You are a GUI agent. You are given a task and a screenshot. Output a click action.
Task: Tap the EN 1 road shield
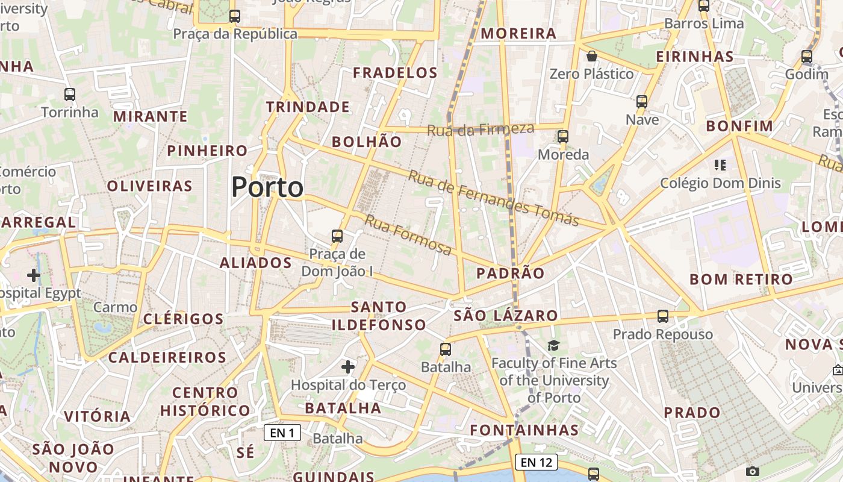pyautogui.click(x=282, y=433)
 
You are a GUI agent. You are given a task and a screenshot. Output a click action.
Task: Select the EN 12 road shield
pyautogui.click(x=536, y=462)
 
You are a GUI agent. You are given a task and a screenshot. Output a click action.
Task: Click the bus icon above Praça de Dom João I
pyautogui.click(x=337, y=236)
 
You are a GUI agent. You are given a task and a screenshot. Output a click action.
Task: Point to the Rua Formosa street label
pyautogui.click(x=408, y=235)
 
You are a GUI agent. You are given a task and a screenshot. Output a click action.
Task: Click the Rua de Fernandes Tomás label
pyautogui.click(x=493, y=198)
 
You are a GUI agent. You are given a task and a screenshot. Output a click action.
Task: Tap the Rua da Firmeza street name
pyautogui.click(x=481, y=129)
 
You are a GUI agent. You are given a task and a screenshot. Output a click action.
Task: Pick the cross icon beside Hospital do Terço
pyautogui.click(x=348, y=366)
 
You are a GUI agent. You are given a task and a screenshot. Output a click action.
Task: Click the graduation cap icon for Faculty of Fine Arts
pyautogui.click(x=553, y=345)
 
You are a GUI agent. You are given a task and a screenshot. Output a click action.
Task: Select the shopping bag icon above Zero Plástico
pyautogui.click(x=592, y=57)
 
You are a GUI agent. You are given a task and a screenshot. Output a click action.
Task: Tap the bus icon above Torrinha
pyautogui.click(x=70, y=95)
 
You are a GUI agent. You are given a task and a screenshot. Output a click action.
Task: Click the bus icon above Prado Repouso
pyautogui.click(x=663, y=316)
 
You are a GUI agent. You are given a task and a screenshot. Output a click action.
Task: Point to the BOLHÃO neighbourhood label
pyautogui.click(x=367, y=142)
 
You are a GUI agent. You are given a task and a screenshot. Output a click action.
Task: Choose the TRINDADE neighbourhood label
pyautogui.click(x=308, y=107)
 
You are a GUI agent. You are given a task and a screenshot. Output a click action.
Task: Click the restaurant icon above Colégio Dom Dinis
pyautogui.click(x=720, y=165)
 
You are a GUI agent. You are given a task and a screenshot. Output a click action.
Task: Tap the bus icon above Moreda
pyautogui.click(x=563, y=137)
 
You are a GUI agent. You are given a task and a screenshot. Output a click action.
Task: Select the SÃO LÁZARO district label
pyautogui.click(x=506, y=316)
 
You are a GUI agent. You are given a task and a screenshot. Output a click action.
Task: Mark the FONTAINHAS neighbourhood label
pyautogui.click(x=524, y=430)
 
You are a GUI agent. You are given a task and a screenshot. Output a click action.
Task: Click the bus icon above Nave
pyautogui.click(x=642, y=101)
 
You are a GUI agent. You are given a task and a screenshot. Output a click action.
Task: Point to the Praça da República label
pyautogui.click(x=235, y=34)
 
